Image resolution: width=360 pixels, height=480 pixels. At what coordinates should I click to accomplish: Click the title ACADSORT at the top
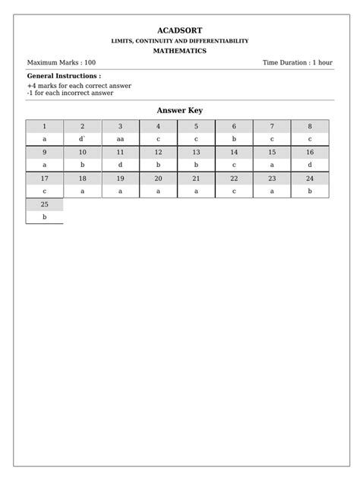pos(180,30)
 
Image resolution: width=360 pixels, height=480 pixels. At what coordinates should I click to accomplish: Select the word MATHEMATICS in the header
pos(180,50)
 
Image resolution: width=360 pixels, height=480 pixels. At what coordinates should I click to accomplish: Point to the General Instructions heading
pos(64,77)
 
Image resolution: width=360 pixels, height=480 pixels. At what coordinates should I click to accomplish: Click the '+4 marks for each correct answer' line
pos(79,86)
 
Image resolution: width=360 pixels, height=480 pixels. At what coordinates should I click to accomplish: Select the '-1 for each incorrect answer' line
pos(70,93)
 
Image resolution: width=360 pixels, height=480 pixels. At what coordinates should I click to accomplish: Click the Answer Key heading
pos(180,111)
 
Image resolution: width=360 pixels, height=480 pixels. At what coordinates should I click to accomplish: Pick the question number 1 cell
pos(44,126)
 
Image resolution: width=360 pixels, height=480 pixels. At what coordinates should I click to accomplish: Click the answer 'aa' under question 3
pos(120,139)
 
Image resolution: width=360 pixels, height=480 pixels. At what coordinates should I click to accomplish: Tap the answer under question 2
pos(82,139)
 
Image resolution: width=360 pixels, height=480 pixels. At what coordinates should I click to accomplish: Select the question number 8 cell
pos(310,126)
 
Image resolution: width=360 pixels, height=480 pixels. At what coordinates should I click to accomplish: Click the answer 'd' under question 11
pos(120,164)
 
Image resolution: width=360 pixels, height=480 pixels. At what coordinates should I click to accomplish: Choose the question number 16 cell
pos(310,152)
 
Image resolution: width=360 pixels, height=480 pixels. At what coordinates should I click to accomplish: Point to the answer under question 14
pos(234,164)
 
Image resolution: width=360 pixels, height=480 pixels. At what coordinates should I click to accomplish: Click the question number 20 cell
pos(158,178)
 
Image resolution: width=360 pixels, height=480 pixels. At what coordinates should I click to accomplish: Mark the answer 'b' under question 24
pos(310,191)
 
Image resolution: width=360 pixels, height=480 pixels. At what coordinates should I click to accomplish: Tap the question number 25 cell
pos(44,204)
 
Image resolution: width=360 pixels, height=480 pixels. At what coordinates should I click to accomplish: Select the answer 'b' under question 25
pos(44,217)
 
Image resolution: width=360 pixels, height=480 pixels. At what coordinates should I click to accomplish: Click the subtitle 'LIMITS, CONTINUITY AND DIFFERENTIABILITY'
pos(180,40)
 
